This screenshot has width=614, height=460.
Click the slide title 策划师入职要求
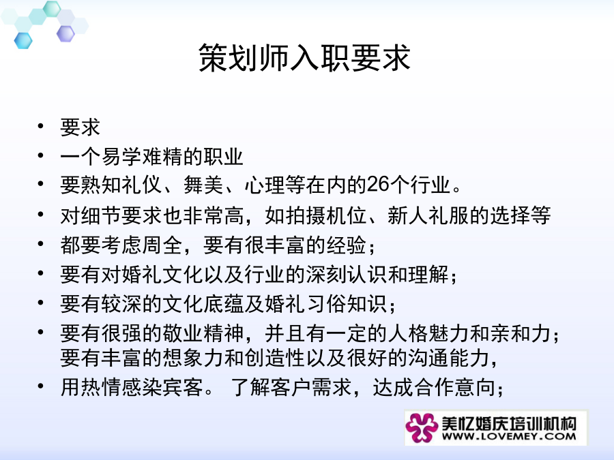[304, 58]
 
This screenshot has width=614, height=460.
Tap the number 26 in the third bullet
[378, 184]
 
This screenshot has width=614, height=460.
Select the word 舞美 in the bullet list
[203, 185]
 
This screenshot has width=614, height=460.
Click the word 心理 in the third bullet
[265, 185]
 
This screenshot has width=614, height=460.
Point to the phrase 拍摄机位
[327, 215]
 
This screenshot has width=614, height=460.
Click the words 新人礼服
[428, 215]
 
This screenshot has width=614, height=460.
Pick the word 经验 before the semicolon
[347, 245]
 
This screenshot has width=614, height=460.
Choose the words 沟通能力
[449, 358]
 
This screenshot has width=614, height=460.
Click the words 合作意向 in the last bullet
[455, 387]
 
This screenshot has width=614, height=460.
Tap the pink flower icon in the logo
[422, 427]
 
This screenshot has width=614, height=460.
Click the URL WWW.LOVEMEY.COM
[509, 435]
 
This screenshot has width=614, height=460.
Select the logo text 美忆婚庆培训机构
[509, 423]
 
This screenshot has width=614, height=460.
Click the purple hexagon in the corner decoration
[65, 33]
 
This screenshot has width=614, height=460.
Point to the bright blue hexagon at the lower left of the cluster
[23, 41]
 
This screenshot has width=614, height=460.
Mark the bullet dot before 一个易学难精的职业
[41, 155]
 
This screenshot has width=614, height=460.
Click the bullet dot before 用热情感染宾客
[41, 386]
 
